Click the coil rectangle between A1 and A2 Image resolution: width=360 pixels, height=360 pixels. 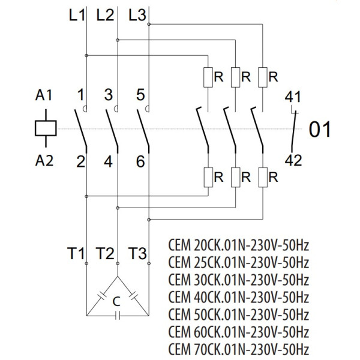click(x=46, y=128)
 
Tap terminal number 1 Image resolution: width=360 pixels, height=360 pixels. click(x=79, y=95)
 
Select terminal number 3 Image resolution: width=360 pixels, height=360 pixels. click(x=108, y=95)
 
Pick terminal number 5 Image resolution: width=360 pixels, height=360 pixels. click(x=140, y=95)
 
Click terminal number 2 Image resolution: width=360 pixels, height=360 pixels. click(x=79, y=161)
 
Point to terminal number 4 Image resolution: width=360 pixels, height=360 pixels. click(x=108, y=161)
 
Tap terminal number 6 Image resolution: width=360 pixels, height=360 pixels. click(x=140, y=161)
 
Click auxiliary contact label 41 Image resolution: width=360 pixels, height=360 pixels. click(x=294, y=96)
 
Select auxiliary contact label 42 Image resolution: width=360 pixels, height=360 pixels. click(x=294, y=160)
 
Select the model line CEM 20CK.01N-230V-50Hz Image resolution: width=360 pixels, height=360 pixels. click(x=239, y=247)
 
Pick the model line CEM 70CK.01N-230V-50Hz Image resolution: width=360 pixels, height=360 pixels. click(x=239, y=349)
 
